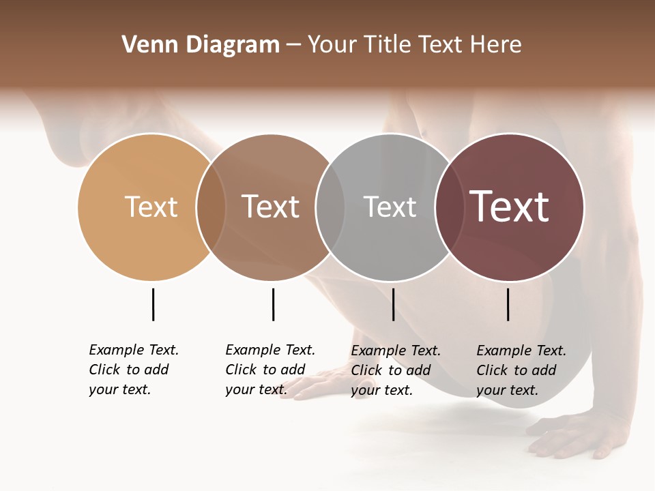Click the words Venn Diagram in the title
(x=201, y=45)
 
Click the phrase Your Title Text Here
(x=414, y=45)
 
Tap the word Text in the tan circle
(x=151, y=207)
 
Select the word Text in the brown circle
(x=271, y=207)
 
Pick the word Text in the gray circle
(x=390, y=207)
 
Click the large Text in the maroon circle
(x=510, y=207)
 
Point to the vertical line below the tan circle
(x=153, y=304)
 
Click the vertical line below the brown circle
(x=273, y=304)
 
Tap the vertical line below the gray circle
(x=393, y=304)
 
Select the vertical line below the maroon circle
(x=508, y=304)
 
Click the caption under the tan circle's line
(x=134, y=370)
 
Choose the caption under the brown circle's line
(x=270, y=370)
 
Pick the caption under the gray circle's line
(x=396, y=370)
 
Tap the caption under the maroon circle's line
(x=521, y=370)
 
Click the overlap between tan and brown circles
(x=211, y=207)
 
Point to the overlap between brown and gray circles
(x=330, y=207)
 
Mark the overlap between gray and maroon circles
(x=450, y=207)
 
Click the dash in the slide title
(x=293, y=46)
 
